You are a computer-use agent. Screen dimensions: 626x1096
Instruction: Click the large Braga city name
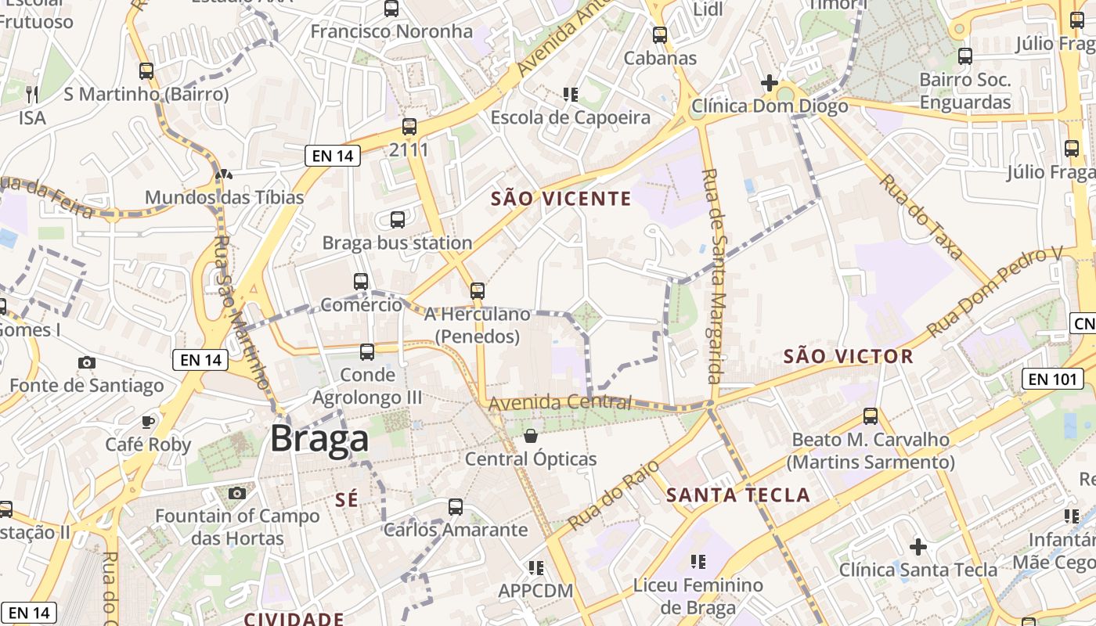pyautogui.click(x=319, y=439)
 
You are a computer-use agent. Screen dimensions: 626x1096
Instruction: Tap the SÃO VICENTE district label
pyautogui.click(x=561, y=199)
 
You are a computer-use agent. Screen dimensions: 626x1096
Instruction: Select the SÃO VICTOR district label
pyautogui.click(x=848, y=357)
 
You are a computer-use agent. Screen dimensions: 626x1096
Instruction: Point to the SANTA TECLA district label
pyautogui.click(x=737, y=495)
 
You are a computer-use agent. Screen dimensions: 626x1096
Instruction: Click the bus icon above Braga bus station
pyautogui.click(x=398, y=220)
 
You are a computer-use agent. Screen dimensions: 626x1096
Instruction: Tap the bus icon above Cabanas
pyautogui.click(x=660, y=35)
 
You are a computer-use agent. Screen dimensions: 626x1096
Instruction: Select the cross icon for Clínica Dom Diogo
pyautogui.click(x=769, y=83)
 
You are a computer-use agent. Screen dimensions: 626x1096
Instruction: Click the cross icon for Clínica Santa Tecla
pyautogui.click(x=918, y=546)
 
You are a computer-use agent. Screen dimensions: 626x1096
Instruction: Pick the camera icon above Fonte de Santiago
pyautogui.click(x=87, y=362)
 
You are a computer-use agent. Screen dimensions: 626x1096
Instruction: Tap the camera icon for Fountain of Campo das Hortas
pyautogui.click(x=237, y=493)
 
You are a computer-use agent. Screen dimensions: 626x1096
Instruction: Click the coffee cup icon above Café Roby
pyautogui.click(x=148, y=422)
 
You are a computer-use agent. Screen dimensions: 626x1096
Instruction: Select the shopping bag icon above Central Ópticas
pyautogui.click(x=531, y=436)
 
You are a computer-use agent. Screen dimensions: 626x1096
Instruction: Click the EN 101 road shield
pyautogui.click(x=1052, y=380)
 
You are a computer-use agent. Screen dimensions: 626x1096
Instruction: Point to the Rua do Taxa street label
pyautogui.click(x=920, y=217)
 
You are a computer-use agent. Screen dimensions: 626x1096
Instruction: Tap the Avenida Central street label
pyautogui.click(x=560, y=403)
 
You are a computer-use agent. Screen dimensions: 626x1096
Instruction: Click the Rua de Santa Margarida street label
pyautogui.click(x=716, y=275)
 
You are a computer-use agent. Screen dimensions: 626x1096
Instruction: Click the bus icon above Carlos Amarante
pyautogui.click(x=456, y=507)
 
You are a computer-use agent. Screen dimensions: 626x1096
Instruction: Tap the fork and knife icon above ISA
pyautogui.click(x=32, y=95)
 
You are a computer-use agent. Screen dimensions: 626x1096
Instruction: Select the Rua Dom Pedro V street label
pyautogui.click(x=994, y=291)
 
